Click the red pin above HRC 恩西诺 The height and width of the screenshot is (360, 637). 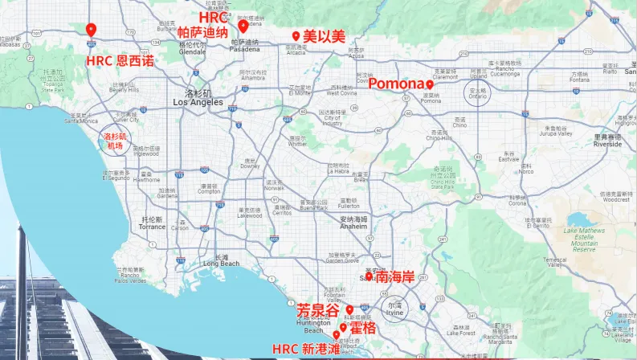tap(91, 31)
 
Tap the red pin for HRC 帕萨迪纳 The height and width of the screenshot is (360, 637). tap(243, 26)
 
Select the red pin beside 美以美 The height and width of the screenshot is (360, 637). tap(296, 36)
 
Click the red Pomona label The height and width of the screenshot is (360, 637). tap(395, 84)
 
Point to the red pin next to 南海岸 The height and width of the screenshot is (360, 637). tap(369, 276)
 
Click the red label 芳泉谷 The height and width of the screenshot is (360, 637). tap(317, 309)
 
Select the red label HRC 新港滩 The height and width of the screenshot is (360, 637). tap(301, 349)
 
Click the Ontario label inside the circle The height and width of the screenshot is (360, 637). tap(480, 96)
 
